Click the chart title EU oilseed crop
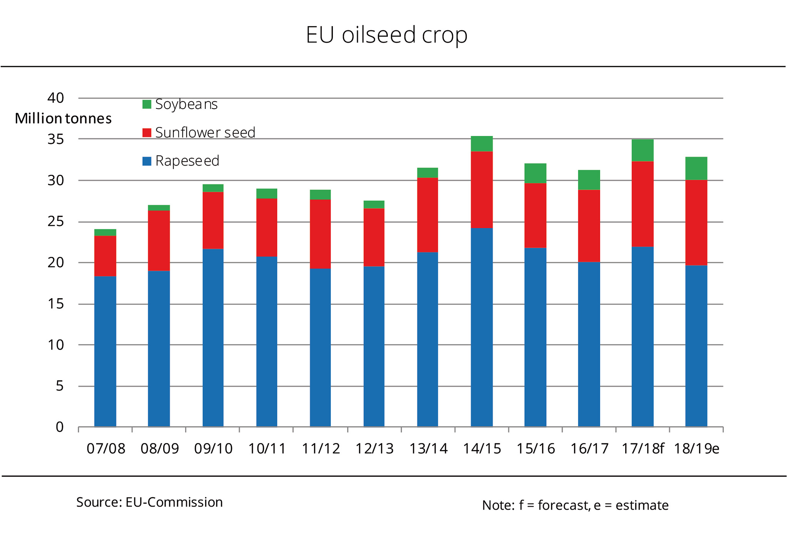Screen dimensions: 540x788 (x=386, y=35)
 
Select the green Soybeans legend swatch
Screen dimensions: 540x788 (x=147, y=104)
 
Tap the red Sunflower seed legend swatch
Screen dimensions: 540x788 (x=147, y=133)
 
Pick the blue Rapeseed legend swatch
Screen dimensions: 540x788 (x=147, y=161)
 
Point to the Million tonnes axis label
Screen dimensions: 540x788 (x=63, y=119)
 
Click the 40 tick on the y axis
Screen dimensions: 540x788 (x=56, y=98)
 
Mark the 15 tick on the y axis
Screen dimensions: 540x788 (x=56, y=304)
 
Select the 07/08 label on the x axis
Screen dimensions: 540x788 (x=106, y=449)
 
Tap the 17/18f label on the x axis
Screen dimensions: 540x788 (x=643, y=449)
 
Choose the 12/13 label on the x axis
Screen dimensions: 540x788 (x=374, y=449)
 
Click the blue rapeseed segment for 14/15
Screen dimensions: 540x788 (x=481, y=327)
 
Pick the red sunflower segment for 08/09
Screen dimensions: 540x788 (x=159, y=241)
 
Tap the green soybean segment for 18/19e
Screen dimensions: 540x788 (x=696, y=169)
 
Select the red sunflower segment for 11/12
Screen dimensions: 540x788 (x=320, y=234)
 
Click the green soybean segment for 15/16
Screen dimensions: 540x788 (x=535, y=173)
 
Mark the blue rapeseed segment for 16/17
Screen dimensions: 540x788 (x=589, y=344)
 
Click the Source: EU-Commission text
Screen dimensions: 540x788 (x=149, y=502)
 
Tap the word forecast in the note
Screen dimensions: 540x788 (x=563, y=505)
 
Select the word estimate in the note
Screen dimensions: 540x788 (x=642, y=505)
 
